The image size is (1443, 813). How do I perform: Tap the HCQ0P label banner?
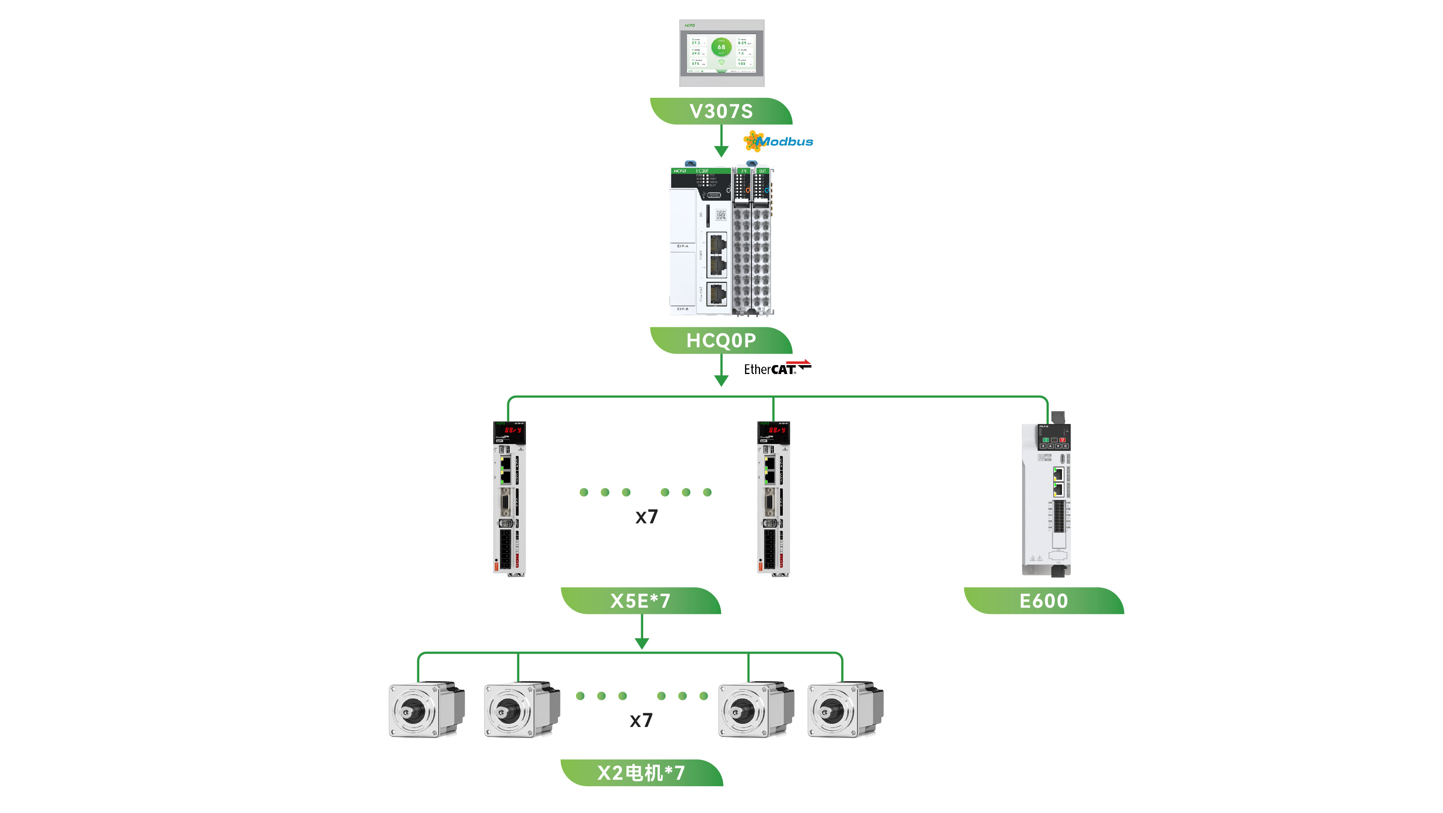click(721, 340)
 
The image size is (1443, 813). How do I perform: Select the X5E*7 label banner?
click(640, 601)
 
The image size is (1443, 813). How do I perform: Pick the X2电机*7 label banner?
click(642, 773)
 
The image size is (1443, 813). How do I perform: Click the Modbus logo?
click(779, 141)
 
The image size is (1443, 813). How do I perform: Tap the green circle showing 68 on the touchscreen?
click(721, 47)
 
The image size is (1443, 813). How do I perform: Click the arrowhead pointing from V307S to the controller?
click(721, 151)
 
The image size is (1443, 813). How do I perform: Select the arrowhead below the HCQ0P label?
click(721, 381)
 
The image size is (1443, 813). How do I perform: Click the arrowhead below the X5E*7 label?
click(642, 643)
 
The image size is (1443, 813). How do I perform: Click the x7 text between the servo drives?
click(646, 517)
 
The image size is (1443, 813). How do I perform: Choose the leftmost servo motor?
click(426, 710)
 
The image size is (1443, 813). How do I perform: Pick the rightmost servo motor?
click(845, 710)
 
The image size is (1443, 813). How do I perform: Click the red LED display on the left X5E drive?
click(513, 430)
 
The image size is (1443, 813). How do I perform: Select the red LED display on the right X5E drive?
click(777, 430)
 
